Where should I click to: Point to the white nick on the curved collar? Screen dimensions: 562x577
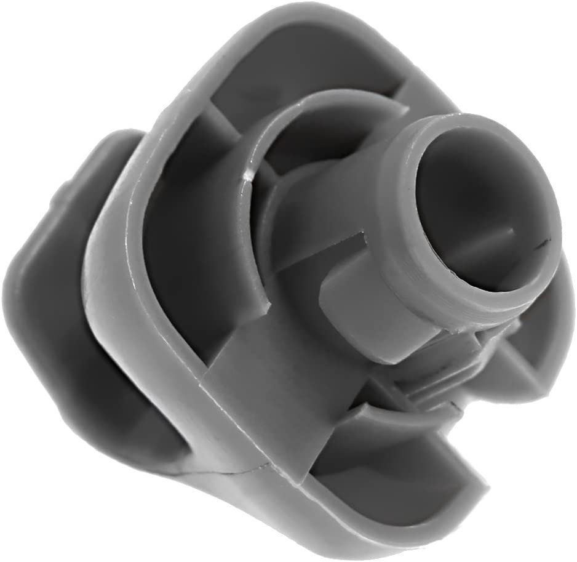click(249, 177)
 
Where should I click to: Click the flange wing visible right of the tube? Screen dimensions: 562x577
click(541, 345)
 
